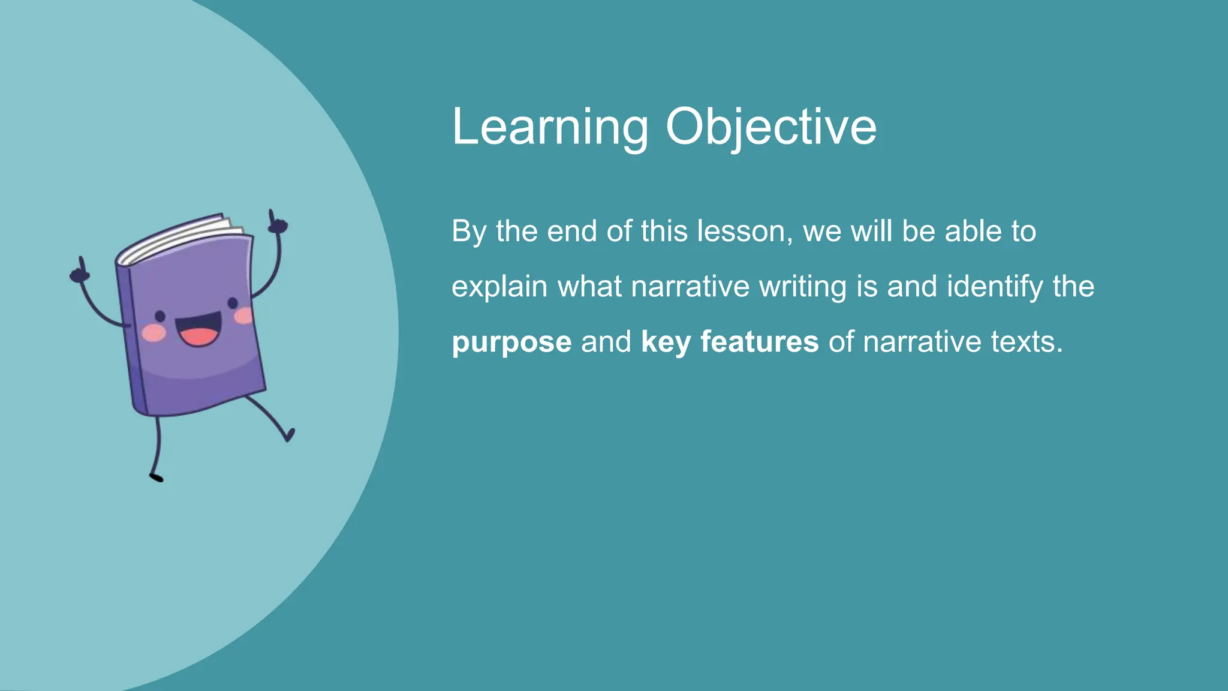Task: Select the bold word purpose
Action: click(x=511, y=342)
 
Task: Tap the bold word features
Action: click(x=759, y=342)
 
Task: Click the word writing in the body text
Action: click(x=802, y=287)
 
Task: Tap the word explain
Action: click(x=499, y=287)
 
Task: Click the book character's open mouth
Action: click(x=198, y=332)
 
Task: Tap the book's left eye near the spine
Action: click(x=160, y=316)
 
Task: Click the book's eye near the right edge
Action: click(x=233, y=303)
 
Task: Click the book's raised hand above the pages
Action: click(x=276, y=223)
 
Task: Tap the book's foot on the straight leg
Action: click(x=156, y=477)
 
